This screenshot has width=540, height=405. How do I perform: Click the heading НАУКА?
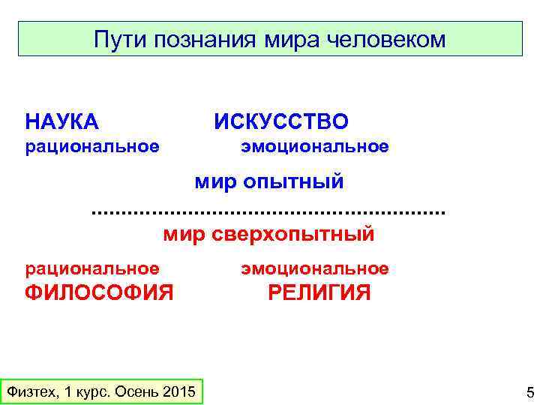click(62, 121)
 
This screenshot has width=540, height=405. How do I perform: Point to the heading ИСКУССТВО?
click(281, 121)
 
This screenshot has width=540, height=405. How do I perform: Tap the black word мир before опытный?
click(215, 181)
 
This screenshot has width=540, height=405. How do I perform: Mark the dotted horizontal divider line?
click(268, 213)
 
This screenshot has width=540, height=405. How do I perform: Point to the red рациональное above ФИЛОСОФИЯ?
click(92, 268)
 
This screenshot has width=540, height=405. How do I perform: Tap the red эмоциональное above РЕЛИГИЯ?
click(315, 268)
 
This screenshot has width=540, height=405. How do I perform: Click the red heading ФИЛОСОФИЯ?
click(99, 292)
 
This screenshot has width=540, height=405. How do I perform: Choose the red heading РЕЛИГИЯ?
click(319, 292)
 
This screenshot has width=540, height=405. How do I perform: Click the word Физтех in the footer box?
click(32, 391)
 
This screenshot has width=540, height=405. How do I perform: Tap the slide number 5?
click(529, 392)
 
